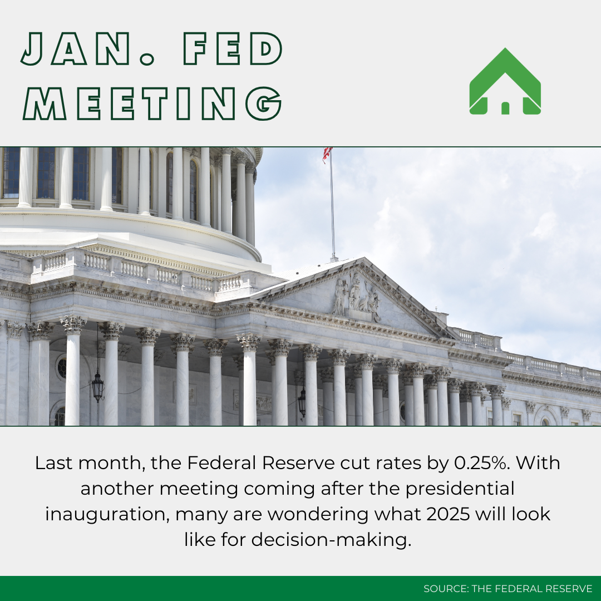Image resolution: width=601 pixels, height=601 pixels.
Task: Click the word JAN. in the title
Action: coord(88,48)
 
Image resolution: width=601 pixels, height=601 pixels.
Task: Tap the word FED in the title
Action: coord(233,48)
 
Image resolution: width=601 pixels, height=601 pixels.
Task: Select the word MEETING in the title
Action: coord(152,104)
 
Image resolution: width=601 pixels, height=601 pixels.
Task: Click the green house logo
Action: coord(505,81)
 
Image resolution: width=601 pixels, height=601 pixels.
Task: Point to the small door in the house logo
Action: coord(505,108)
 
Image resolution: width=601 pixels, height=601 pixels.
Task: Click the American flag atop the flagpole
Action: coord(327,155)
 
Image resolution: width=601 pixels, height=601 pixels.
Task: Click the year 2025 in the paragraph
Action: coord(447,514)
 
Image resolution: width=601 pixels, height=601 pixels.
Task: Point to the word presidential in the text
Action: coord(460,489)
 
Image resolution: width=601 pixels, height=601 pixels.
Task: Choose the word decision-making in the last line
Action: coord(331,540)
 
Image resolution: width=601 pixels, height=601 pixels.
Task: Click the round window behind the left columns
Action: coord(61,367)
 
